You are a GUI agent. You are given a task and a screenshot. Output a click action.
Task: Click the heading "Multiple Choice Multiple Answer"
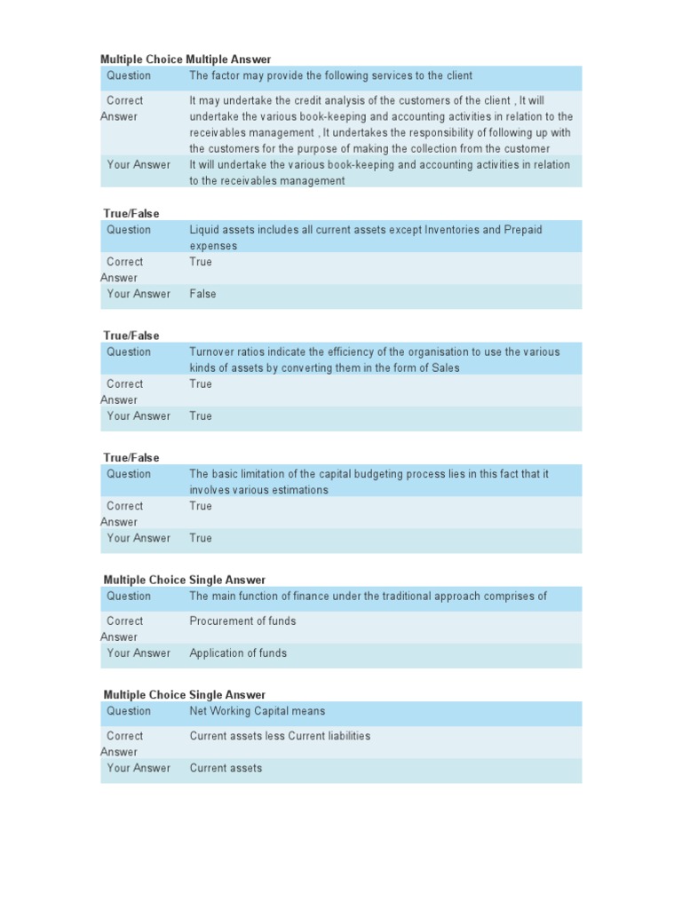pos(186,59)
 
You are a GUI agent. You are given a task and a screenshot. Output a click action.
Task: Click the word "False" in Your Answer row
pos(202,294)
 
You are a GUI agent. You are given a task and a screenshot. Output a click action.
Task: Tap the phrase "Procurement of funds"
pos(242,621)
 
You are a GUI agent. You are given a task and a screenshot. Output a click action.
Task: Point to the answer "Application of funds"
pos(238,653)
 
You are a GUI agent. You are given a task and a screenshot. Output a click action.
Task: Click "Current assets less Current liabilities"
pos(280,736)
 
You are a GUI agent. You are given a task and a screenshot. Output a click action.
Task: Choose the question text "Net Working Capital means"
pos(257,711)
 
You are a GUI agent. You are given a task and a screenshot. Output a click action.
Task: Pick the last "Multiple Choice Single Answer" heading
pos(184,695)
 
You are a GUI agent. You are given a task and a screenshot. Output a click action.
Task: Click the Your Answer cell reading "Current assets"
pos(226,768)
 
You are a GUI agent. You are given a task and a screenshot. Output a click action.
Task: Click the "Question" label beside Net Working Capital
pos(129,711)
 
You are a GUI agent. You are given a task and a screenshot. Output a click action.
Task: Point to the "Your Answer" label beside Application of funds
pos(139,653)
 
